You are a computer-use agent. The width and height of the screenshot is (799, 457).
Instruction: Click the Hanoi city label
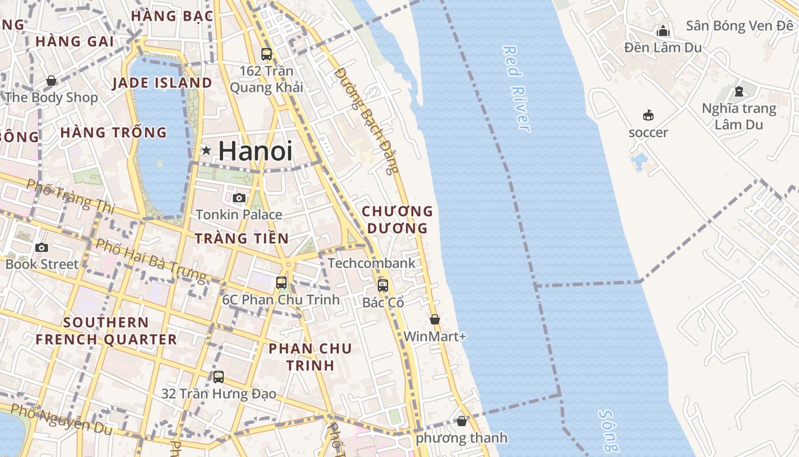coord(255,151)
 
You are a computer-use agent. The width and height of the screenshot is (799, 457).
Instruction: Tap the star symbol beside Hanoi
coord(206,151)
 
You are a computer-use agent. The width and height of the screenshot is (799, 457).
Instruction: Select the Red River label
coord(516,89)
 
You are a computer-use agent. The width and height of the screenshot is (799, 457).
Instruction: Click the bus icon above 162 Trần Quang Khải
coord(267,54)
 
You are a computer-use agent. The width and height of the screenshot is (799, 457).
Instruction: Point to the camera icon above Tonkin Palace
coord(239,198)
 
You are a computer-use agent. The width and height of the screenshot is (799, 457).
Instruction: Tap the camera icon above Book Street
coord(41,247)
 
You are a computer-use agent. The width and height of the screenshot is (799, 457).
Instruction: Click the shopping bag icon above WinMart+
coord(435,319)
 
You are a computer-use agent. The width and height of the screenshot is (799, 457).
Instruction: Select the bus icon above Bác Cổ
coord(383,285)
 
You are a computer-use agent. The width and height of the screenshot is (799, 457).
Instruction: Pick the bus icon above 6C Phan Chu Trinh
coord(281,282)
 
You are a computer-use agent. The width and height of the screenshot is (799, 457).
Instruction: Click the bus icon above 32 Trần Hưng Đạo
coord(219,377)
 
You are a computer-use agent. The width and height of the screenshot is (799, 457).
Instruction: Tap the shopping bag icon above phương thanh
coord(462,421)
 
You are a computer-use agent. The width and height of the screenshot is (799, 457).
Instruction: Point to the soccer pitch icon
coord(648,115)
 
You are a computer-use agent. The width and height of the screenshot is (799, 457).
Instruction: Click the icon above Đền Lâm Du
coord(663,30)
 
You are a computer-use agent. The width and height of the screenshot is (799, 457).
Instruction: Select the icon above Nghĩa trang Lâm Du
coord(739,91)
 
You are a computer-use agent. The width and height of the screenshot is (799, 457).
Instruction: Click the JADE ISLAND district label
coord(162,83)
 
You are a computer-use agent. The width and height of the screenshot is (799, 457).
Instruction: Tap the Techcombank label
coord(372,263)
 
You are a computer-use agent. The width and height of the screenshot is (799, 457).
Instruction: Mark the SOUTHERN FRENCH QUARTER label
coord(106,331)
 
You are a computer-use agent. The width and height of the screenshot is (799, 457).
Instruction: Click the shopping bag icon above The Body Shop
coord(51,81)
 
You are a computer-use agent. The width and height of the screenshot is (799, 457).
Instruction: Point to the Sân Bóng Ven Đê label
coord(739,26)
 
